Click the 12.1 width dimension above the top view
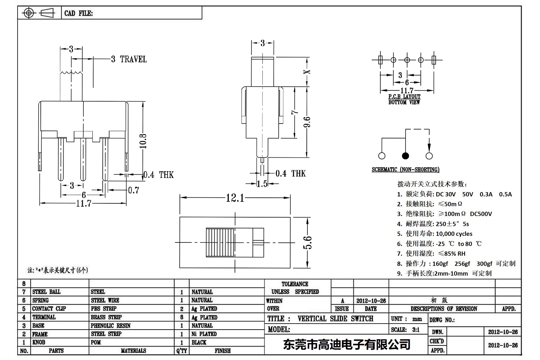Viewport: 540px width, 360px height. coord(235,198)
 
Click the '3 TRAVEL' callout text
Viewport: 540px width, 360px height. coord(129,59)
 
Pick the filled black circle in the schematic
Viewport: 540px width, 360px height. coord(405,156)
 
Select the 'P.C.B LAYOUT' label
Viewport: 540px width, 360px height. coord(404,97)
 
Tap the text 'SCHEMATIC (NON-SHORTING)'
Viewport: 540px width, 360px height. coord(405,170)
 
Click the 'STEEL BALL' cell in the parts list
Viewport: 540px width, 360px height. coord(46,292)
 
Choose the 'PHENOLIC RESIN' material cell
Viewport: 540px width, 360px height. coord(110,326)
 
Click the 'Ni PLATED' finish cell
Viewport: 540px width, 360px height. coord(204,334)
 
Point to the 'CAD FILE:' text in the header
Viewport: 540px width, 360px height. coord(79,13)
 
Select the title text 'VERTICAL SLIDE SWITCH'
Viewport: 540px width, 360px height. coord(335,319)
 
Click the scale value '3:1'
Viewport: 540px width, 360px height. coord(416,330)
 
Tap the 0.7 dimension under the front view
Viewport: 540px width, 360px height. coord(134,190)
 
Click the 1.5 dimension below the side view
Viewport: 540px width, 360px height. coord(262,184)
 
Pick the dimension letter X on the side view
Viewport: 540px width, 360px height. coord(308,72)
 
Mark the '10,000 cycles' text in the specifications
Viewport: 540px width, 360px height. coord(454,234)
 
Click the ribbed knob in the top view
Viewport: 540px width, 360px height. coord(219,242)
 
